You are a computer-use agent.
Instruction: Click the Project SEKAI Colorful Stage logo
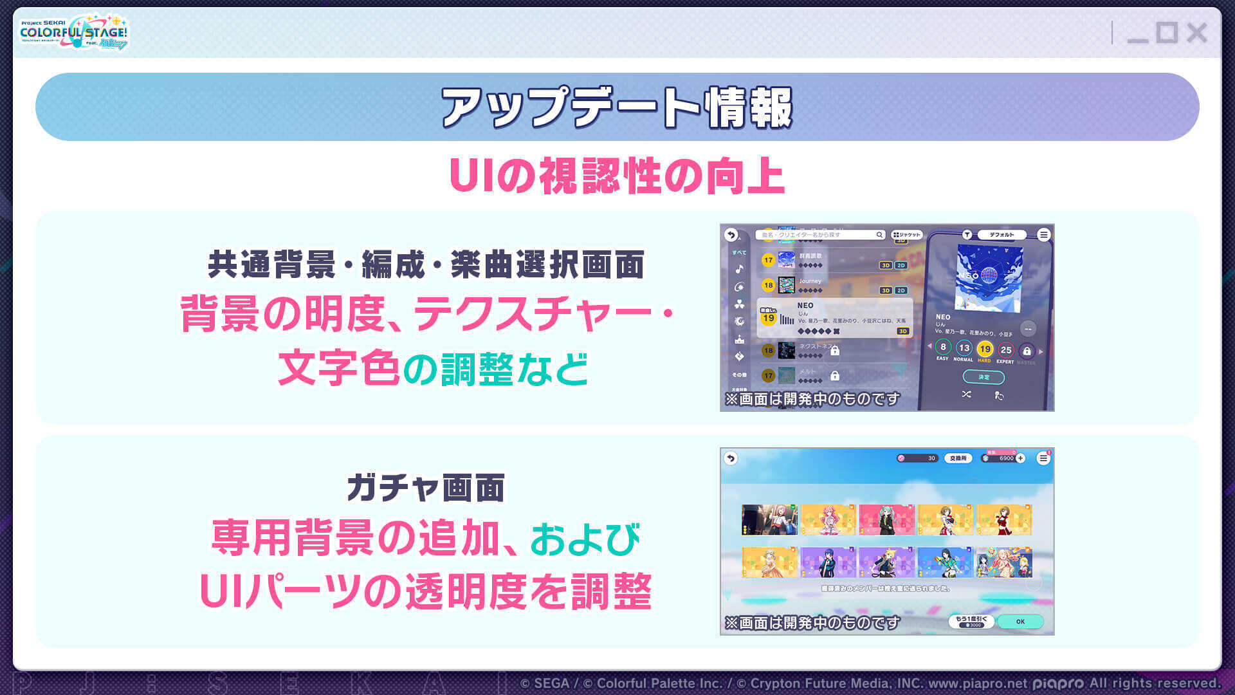[73, 32]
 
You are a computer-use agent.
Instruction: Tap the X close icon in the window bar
[1196, 33]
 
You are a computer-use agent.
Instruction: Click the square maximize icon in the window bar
[1166, 33]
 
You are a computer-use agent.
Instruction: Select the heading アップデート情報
[617, 107]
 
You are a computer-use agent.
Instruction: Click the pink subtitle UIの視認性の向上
[617, 176]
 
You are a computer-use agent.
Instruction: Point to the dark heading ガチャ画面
[425, 488]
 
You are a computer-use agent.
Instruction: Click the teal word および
[585, 539]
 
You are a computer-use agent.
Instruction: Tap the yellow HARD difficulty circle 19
[984, 349]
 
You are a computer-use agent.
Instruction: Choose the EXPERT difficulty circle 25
[1005, 350]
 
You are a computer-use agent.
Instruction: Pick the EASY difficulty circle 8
[943, 347]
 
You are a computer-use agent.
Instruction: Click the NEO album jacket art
[988, 277]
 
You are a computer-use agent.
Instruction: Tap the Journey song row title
[810, 281]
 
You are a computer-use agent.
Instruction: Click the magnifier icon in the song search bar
[879, 235]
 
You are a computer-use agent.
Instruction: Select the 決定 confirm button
[983, 377]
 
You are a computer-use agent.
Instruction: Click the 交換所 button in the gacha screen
[958, 458]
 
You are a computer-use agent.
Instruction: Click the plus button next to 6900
[1021, 458]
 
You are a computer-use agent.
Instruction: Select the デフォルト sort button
[1002, 235]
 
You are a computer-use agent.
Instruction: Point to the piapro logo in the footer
[1058, 683]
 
